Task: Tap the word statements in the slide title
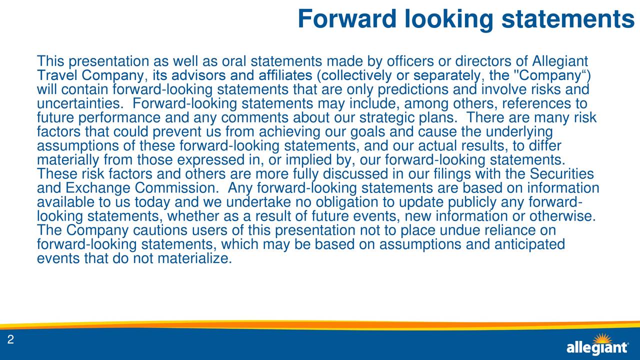click(x=568, y=19)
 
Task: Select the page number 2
click(x=10, y=340)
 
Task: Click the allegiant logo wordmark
click(x=597, y=348)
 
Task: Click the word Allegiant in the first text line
click(x=560, y=62)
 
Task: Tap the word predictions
click(x=413, y=90)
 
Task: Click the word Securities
click(x=561, y=174)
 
